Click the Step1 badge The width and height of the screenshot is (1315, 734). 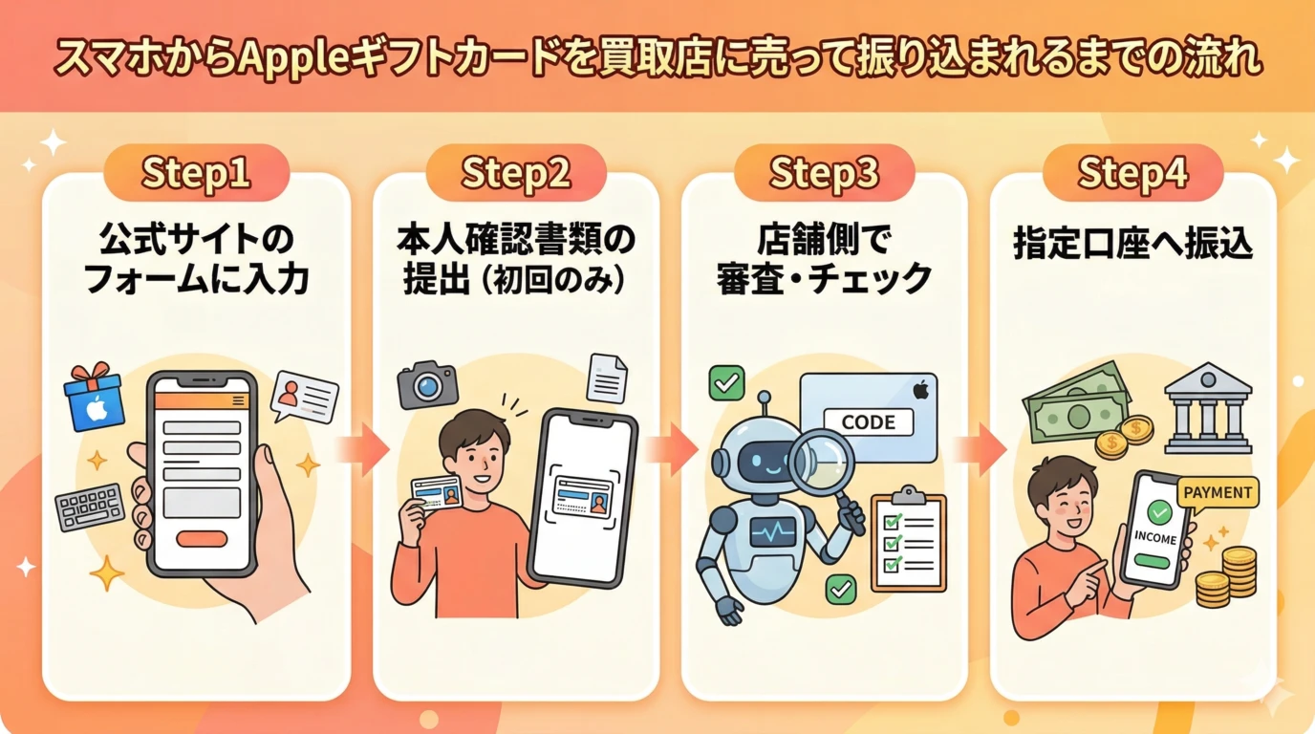196,174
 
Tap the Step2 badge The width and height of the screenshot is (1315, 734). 516,174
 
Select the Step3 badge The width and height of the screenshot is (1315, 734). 824,174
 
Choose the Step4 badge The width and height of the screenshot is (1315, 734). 1132,174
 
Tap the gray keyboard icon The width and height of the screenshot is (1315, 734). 90,507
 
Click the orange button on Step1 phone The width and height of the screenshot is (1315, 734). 202,538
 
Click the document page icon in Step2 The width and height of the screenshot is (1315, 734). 607,378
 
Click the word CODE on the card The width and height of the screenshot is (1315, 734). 868,421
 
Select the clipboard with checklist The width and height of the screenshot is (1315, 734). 908,541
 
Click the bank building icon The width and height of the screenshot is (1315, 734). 1208,407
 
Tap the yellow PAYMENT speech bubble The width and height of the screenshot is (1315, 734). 1217,493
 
